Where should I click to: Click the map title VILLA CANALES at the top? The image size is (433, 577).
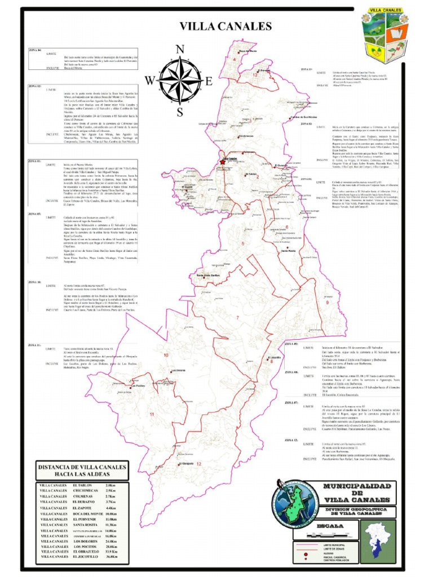226,26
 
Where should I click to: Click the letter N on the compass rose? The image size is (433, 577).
180,49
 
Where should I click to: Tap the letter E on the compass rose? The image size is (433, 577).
208,81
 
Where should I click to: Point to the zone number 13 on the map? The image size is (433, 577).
255,74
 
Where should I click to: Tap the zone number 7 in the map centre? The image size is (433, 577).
238,318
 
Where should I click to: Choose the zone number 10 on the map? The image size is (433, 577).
166,356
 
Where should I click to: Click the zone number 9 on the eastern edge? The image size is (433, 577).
327,303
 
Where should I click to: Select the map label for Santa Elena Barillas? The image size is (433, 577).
207,275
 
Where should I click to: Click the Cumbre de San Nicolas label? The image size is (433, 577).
302,117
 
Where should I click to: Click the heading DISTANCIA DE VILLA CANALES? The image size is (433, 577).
81,467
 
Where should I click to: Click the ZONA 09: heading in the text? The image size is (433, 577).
291,344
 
